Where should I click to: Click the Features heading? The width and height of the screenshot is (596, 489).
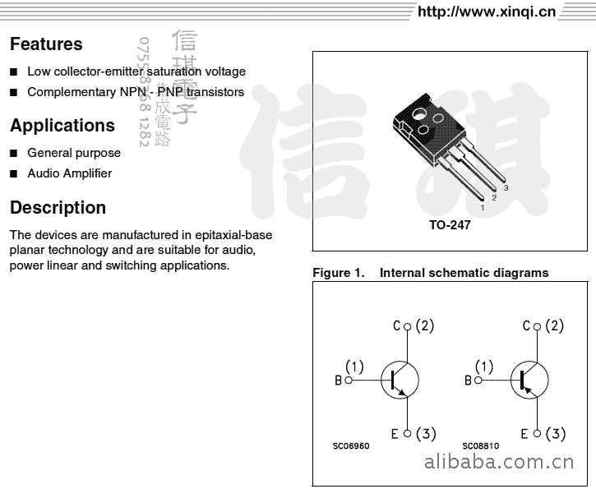click(x=46, y=44)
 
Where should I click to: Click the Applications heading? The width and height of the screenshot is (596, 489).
click(x=62, y=126)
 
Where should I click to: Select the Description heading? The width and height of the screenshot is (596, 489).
click(x=58, y=208)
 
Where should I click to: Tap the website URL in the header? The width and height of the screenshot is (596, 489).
click(x=487, y=12)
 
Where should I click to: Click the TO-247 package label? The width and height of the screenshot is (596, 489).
click(x=450, y=225)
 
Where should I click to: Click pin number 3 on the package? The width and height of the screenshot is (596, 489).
click(x=506, y=188)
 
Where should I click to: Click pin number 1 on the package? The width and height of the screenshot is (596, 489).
click(x=482, y=208)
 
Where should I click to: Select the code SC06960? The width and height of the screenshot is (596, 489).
click(x=351, y=446)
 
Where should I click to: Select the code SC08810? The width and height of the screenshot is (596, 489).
click(x=480, y=446)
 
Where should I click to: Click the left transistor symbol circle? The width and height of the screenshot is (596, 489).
click(x=400, y=381)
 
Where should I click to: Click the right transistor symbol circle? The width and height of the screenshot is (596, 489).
click(x=529, y=381)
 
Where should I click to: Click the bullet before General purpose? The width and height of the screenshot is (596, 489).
click(x=14, y=153)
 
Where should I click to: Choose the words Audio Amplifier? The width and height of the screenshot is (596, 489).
click(x=70, y=173)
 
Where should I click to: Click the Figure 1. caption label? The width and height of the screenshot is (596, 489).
click(x=338, y=273)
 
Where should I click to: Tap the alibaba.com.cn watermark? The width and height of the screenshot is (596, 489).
click(x=502, y=461)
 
